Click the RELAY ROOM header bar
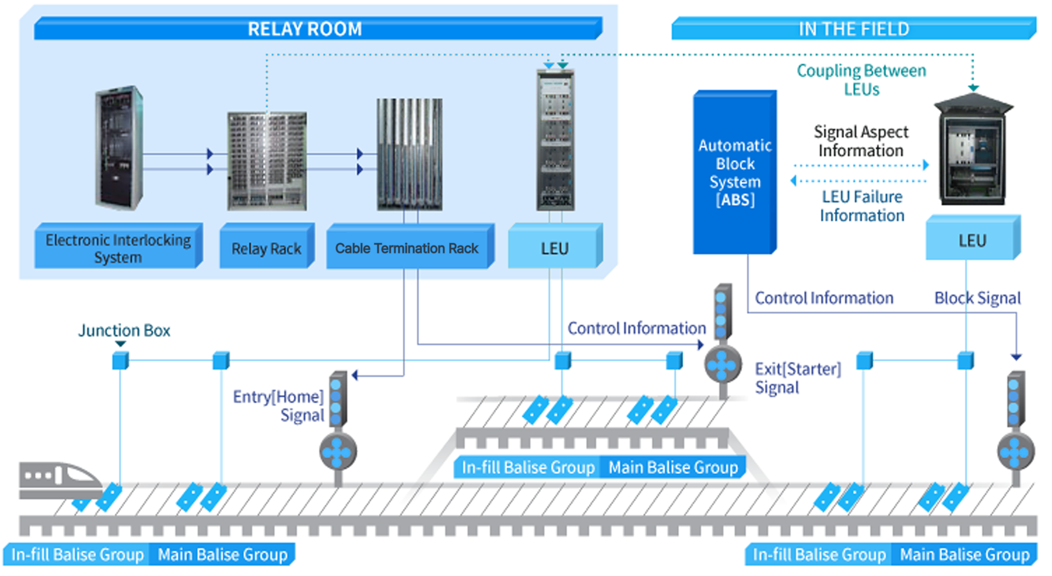318,28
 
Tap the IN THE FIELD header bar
854,28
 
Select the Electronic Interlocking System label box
118,247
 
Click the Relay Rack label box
267,248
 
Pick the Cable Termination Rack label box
407,248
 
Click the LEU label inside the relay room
555,248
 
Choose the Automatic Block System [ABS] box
735,172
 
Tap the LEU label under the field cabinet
973,240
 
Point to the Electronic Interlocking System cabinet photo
119,148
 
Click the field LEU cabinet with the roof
973,151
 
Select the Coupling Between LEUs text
861,80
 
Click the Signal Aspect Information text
861,141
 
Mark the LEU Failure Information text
862,206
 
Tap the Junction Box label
124,330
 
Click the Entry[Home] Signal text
278,406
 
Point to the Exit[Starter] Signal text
797,378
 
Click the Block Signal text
977,298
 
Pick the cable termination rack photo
409,154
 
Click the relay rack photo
267,161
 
